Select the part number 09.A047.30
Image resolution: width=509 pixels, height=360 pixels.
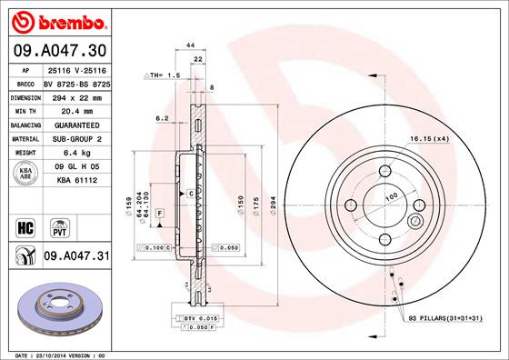pos(57,50)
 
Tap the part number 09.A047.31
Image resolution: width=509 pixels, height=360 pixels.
pos(75,257)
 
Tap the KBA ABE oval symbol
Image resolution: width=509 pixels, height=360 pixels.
pos(25,174)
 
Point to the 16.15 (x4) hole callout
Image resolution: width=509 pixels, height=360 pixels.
pos(428,137)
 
